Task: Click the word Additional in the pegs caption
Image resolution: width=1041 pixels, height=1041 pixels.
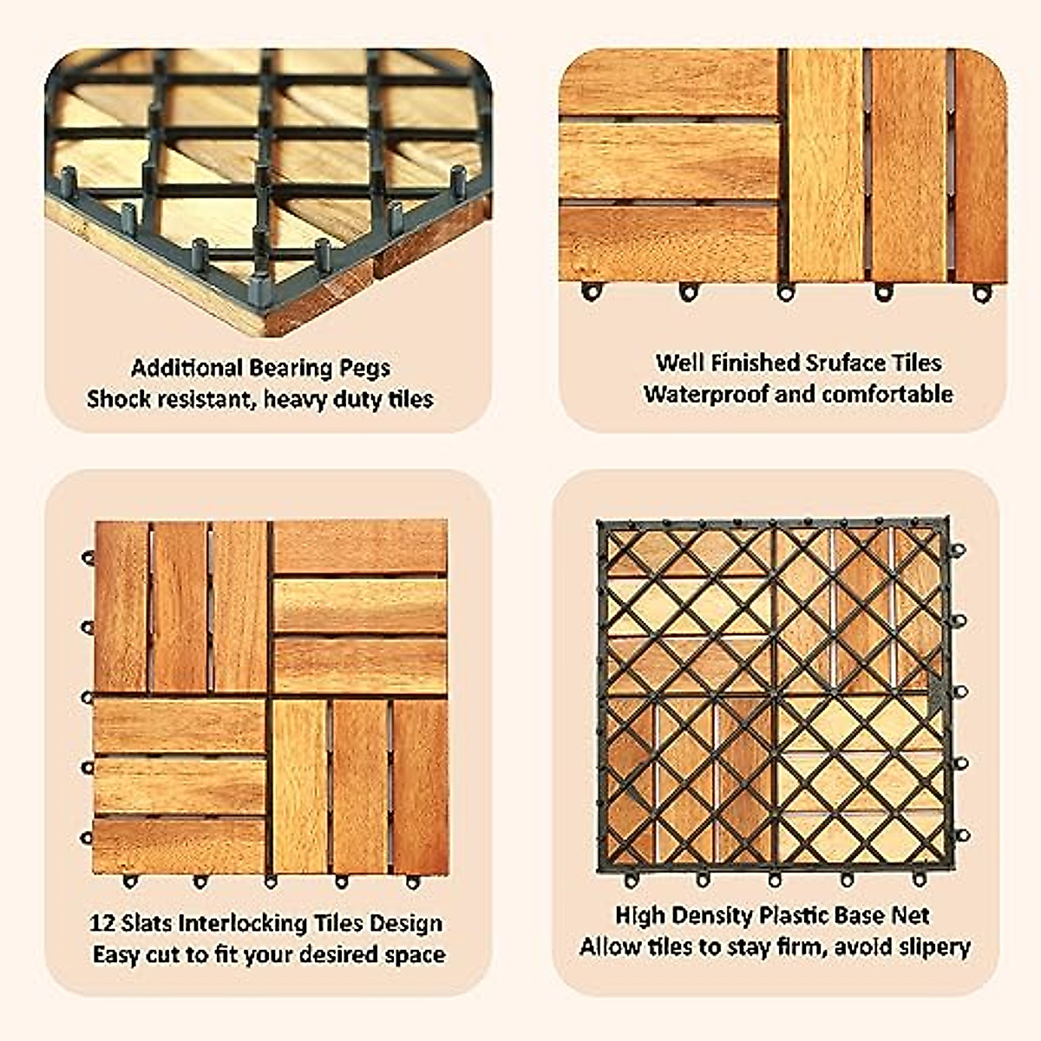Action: click(187, 368)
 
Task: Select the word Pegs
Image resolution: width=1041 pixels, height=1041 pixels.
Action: click(365, 369)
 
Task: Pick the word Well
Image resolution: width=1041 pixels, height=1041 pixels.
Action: click(679, 363)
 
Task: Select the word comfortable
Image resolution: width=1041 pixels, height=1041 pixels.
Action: click(887, 394)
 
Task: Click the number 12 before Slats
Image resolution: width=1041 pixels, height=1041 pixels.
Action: click(102, 923)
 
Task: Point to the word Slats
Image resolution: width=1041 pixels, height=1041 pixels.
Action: click(147, 923)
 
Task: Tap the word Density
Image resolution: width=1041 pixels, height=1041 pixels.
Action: click(711, 915)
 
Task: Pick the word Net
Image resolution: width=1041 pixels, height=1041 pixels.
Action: click(912, 915)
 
